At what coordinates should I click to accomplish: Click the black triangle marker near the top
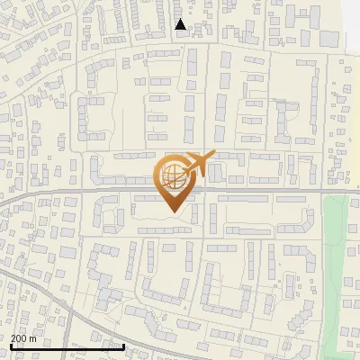(181, 24)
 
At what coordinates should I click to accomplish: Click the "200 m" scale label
(24, 337)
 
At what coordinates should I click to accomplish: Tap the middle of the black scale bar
(67, 346)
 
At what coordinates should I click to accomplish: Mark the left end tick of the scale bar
(12, 346)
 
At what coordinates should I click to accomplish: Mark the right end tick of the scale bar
(123, 346)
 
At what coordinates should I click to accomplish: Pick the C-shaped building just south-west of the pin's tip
(112, 216)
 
